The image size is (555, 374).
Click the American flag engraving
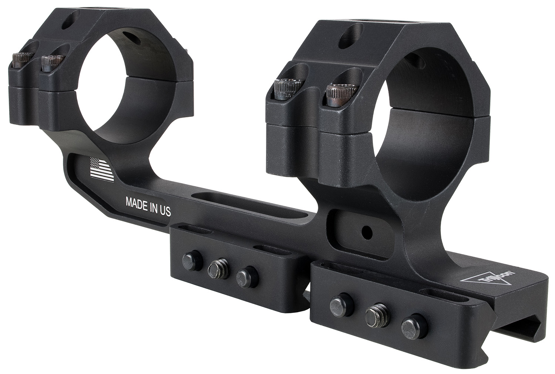[101, 169]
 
